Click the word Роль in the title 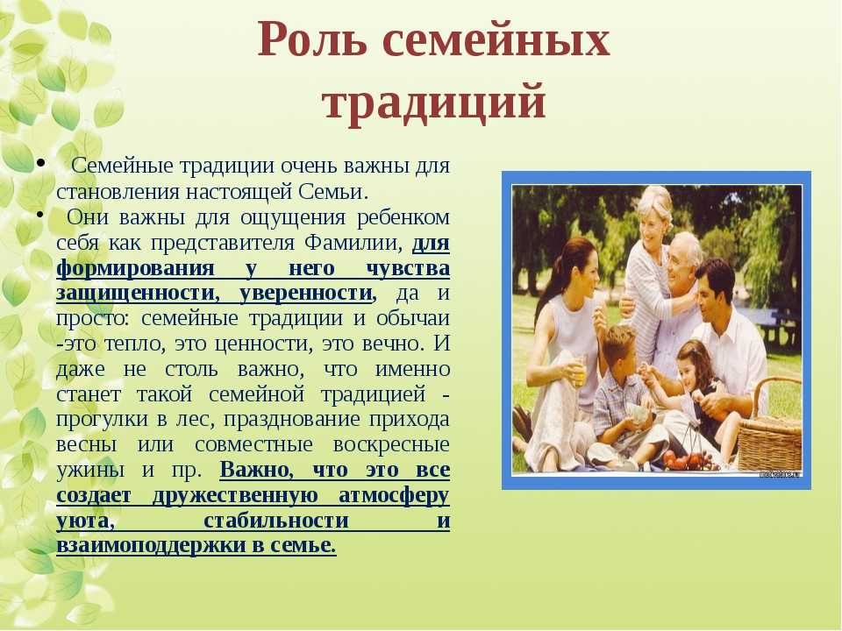pos(312,39)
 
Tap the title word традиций pos(434,100)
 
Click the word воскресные pos(391,444)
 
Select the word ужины pos(90,471)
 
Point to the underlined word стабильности pos(276,521)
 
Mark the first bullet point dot pos(40,164)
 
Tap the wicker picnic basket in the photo pos(771,429)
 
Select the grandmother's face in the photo pos(653,219)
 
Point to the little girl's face pos(689,371)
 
